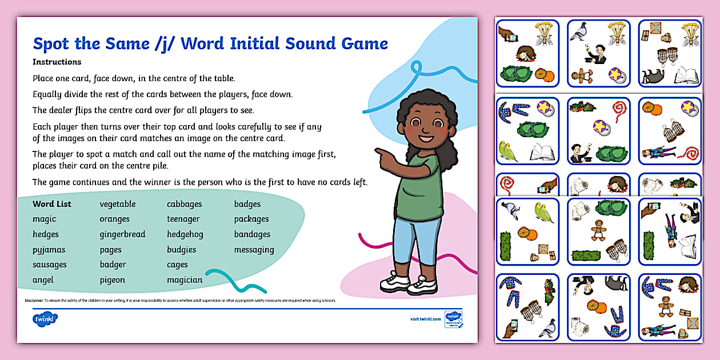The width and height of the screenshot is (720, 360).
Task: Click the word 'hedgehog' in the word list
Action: click(185, 234)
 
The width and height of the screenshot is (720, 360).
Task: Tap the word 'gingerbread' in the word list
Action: click(122, 234)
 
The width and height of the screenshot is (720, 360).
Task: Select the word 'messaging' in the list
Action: click(254, 250)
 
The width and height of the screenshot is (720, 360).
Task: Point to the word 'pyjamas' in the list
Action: click(49, 250)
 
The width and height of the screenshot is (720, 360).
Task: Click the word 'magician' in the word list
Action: click(185, 280)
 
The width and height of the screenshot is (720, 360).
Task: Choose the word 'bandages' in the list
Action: click(252, 234)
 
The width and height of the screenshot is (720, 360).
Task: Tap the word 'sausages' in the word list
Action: click(50, 265)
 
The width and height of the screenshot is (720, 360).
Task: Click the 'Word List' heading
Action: click(52, 204)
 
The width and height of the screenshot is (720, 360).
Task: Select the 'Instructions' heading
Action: click(57, 62)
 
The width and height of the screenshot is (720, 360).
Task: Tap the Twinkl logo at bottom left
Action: click(45, 318)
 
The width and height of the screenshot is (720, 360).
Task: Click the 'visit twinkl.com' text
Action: click(426, 319)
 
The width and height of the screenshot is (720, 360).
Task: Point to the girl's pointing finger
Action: click(378, 151)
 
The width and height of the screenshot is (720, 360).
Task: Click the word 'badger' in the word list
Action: click(113, 265)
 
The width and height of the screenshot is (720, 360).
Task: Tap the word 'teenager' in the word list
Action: click(183, 219)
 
